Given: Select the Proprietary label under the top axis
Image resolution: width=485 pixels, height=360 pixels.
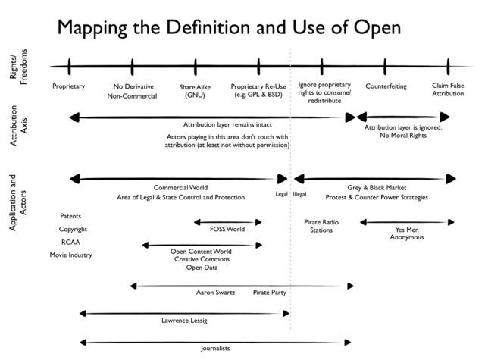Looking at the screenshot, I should pos(68,86).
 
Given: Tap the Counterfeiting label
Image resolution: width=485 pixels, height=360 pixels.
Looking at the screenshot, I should pos(386,86).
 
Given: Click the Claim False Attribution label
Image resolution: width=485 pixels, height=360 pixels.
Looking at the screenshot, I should pos(448,90).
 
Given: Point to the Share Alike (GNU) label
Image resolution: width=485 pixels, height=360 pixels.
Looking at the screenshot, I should pos(195,91).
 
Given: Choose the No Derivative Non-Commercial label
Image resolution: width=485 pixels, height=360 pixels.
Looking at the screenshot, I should pos(132,91).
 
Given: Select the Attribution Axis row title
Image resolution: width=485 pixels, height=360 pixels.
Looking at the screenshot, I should pos(19,133).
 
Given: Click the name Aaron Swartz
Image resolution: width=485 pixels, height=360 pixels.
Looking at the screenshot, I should pos(215,291).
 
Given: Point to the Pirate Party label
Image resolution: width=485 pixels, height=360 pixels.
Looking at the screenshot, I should pos(269,291).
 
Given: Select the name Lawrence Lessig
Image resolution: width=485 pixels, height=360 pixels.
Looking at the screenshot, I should pos(184,321).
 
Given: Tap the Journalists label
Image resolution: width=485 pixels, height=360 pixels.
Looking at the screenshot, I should pos(214,349).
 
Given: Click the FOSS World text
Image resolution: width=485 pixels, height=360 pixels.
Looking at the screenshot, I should pos(227,229).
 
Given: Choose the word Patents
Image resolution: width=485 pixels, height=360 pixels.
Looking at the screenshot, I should pos(70,216).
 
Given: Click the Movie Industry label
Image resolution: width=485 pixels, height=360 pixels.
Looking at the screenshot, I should pos(70,255).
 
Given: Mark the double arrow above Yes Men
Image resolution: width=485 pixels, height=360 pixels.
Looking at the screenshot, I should pos(407,222).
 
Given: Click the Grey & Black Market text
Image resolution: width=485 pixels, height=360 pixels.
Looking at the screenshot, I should pos(377,187).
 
